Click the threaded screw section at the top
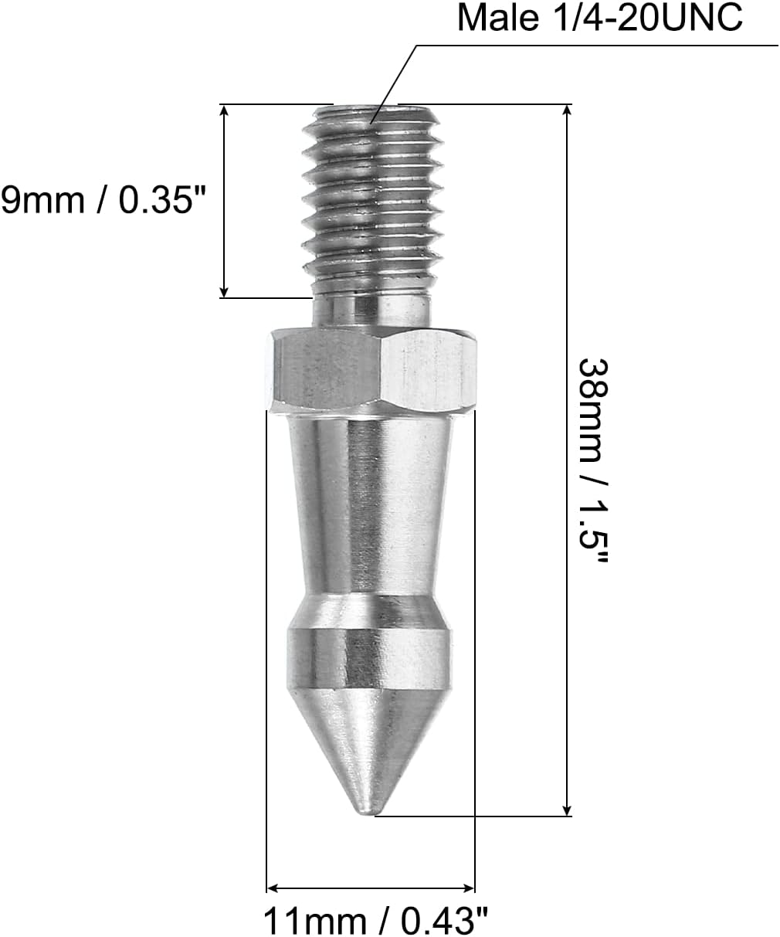click(x=372, y=193)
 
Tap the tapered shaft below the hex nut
click(x=370, y=502)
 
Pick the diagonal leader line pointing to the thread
click(x=394, y=82)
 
